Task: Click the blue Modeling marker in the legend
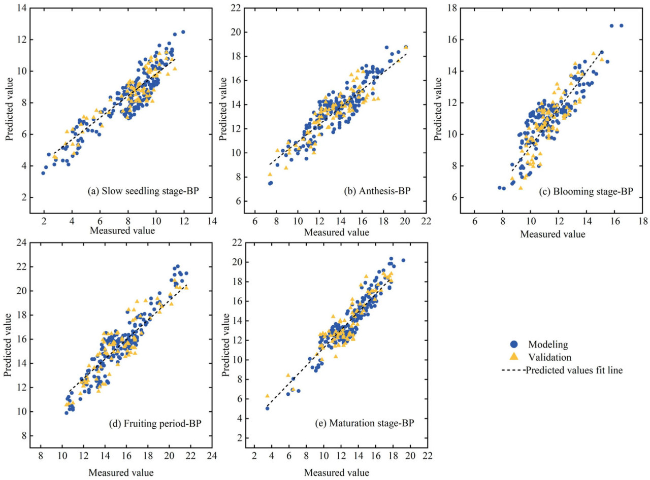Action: [x=513, y=344]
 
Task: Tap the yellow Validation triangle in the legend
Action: [x=513, y=357]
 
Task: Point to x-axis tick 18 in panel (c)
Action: [x=642, y=222]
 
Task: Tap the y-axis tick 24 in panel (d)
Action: [x=20, y=243]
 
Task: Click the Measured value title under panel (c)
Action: [x=553, y=234]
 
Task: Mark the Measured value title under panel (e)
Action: [x=337, y=472]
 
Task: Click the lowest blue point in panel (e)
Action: [x=267, y=408]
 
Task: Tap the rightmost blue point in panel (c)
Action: [x=621, y=25]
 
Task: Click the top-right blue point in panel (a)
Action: [x=183, y=32]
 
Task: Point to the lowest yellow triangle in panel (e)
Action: [x=267, y=396]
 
